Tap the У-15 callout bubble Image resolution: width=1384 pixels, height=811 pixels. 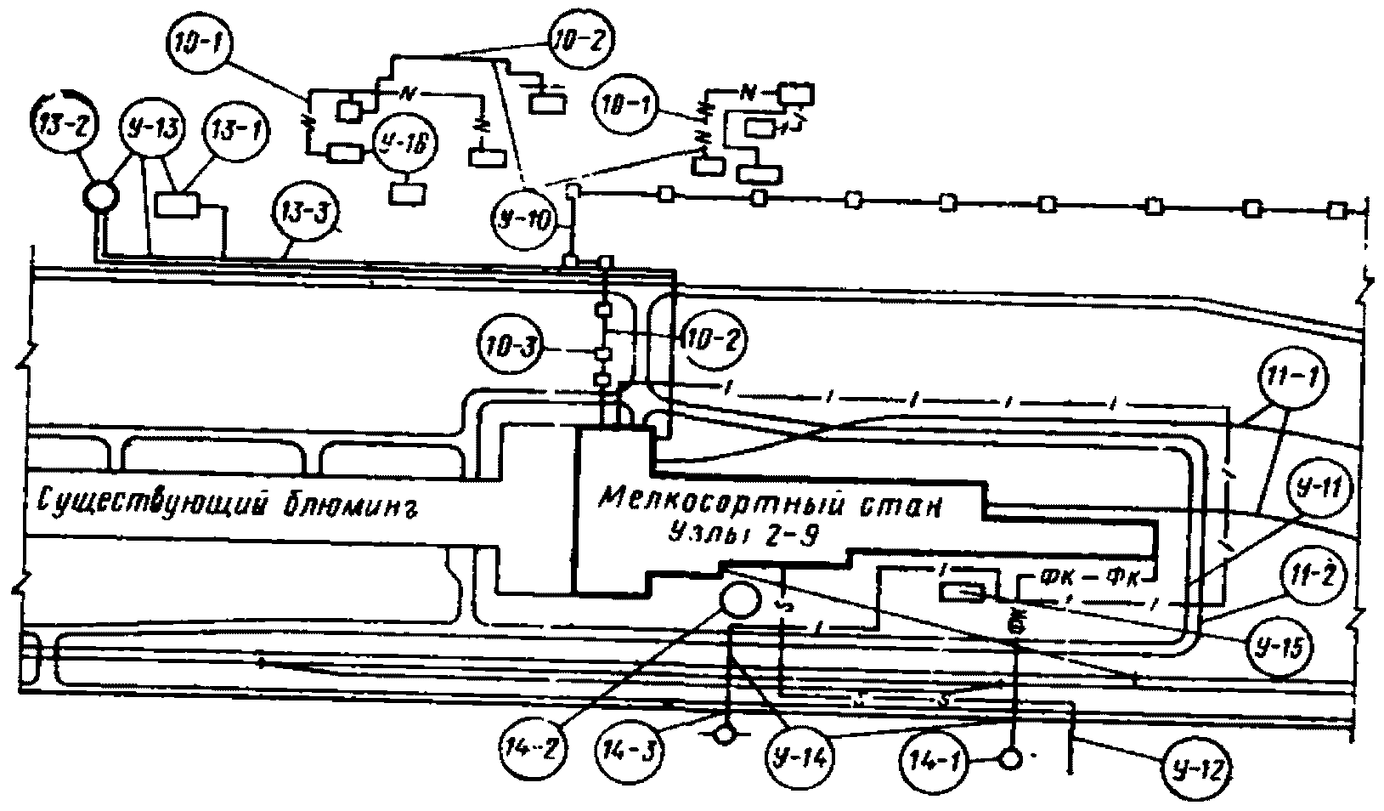click(1279, 646)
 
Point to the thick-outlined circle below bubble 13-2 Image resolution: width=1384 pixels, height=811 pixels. click(99, 197)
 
